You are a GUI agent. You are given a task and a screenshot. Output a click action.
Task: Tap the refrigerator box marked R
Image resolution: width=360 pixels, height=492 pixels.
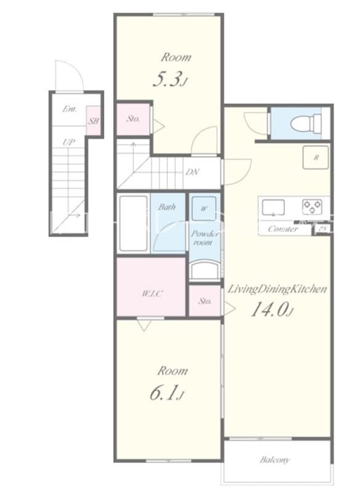pos(316,157)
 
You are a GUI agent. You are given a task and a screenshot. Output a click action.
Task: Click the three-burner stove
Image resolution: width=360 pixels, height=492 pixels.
pos(312,207)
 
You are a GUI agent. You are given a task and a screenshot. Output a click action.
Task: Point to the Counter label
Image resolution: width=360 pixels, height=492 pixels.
pos(283,229)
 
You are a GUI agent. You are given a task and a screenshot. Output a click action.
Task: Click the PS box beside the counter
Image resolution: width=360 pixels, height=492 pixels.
pos(322,229)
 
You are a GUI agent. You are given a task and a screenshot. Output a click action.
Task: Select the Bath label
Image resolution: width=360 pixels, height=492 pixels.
pos(167,207)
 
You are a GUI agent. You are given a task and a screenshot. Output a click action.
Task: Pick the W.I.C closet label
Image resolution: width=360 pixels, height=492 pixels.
pos(151,293)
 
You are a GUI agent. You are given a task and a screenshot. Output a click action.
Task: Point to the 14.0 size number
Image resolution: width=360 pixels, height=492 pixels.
pos(270,310)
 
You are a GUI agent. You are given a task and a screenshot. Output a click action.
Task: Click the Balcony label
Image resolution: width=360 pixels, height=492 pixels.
pos(274,459)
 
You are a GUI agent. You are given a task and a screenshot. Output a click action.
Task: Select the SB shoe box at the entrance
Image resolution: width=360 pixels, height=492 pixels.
pos(93,122)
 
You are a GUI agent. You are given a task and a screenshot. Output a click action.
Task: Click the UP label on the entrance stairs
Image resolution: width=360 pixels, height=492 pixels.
pos(68,142)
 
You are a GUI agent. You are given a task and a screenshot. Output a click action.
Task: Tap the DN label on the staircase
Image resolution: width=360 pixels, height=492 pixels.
pos(192,172)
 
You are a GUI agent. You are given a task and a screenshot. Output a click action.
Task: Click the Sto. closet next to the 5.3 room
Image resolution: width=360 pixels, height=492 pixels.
pos(133,118)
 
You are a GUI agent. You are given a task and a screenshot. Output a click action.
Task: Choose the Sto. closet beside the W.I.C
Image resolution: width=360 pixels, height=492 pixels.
pos(205,301)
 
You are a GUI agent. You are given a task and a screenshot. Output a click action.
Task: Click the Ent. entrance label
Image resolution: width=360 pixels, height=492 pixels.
pos(69,109)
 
